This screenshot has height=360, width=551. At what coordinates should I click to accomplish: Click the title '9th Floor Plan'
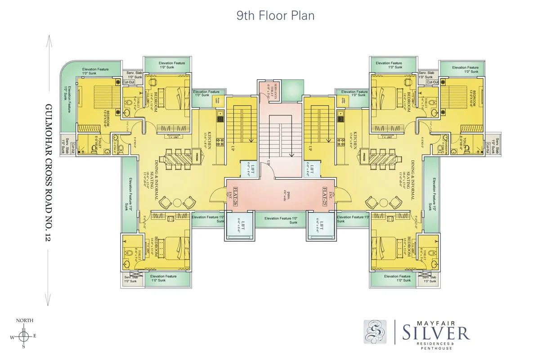pyautogui.click(x=275, y=15)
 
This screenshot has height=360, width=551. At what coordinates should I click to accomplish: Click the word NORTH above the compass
pyautogui.click(x=25, y=320)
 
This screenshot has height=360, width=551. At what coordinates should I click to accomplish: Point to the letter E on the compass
pyautogui.click(x=35, y=336)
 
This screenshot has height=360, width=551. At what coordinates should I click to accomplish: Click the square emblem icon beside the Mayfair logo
pyautogui.click(x=375, y=332)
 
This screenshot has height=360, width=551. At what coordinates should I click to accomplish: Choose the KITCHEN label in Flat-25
pyautogui.click(x=355, y=140)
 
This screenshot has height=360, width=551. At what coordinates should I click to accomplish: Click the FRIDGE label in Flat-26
pyautogui.click(x=197, y=157)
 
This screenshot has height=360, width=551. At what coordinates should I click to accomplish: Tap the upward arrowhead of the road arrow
pyautogui.click(x=49, y=38)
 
